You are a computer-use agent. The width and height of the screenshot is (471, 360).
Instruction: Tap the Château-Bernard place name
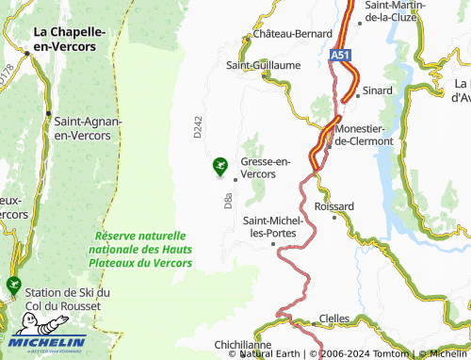point(287,35)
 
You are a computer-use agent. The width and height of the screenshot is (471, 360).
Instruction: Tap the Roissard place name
point(334,205)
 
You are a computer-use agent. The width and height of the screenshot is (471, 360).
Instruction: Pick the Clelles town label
point(334,319)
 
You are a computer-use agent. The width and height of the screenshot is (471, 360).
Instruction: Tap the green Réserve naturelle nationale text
point(140,249)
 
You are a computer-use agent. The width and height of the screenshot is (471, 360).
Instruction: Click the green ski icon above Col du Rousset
point(13,284)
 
